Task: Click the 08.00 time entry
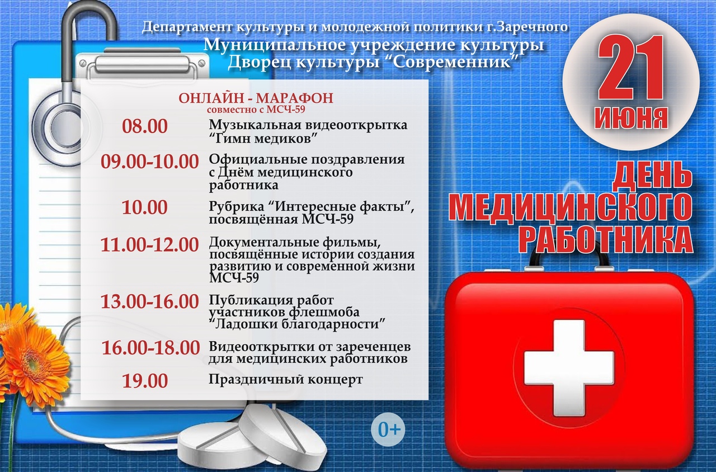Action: click(145, 126)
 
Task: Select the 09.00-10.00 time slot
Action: click(149, 162)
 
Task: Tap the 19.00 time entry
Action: click(145, 381)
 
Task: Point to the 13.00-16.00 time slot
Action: click(149, 301)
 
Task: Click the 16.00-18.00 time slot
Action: click(150, 348)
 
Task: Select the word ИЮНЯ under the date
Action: click(631, 117)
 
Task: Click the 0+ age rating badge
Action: click(388, 429)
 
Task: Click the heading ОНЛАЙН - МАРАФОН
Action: click(256, 98)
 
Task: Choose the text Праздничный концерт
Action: click(286, 380)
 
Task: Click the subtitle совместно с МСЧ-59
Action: click(256, 110)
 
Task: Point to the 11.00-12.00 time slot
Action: click(149, 245)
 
